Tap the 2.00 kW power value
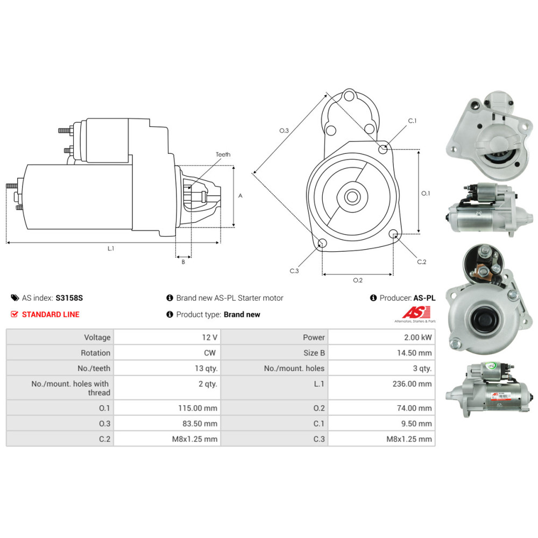[x=419, y=337]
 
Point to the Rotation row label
[x=96, y=353]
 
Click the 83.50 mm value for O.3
[x=202, y=423]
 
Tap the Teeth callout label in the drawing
[x=223, y=154]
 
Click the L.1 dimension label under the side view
[x=111, y=249]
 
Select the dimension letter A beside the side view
[x=240, y=196]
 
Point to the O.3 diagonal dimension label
[x=284, y=131]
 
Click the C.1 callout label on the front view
[x=412, y=121]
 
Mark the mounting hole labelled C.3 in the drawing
[x=321, y=243]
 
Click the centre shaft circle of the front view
[x=352, y=196]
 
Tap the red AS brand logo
[x=417, y=312]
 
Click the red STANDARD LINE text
[x=51, y=314]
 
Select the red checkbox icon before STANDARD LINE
[x=15, y=314]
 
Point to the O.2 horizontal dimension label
[x=357, y=280]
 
